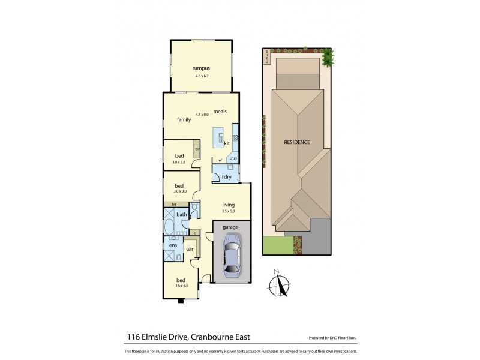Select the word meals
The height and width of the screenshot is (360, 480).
click(x=219, y=112)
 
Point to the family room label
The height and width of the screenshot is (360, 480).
click(x=184, y=119)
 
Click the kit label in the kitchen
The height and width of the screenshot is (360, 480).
click(x=227, y=143)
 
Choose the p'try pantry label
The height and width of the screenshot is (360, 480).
click(x=233, y=158)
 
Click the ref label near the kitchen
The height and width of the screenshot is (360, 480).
click(x=220, y=160)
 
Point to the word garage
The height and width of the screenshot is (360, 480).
click(x=231, y=227)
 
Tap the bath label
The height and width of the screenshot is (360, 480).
click(x=181, y=214)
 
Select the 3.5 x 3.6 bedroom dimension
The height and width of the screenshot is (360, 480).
click(x=180, y=286)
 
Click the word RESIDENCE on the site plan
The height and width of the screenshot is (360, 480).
click(x=297, y=142)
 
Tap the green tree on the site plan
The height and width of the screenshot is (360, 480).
click(x=327, y=57)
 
